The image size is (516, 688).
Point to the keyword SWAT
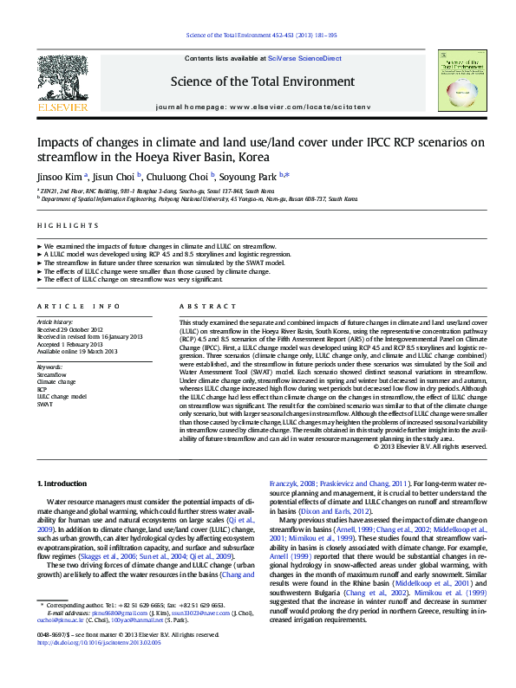(x=45, y=404)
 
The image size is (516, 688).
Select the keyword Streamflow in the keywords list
(x=51, y=373)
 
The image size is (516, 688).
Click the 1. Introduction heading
(x=62, y=482)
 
